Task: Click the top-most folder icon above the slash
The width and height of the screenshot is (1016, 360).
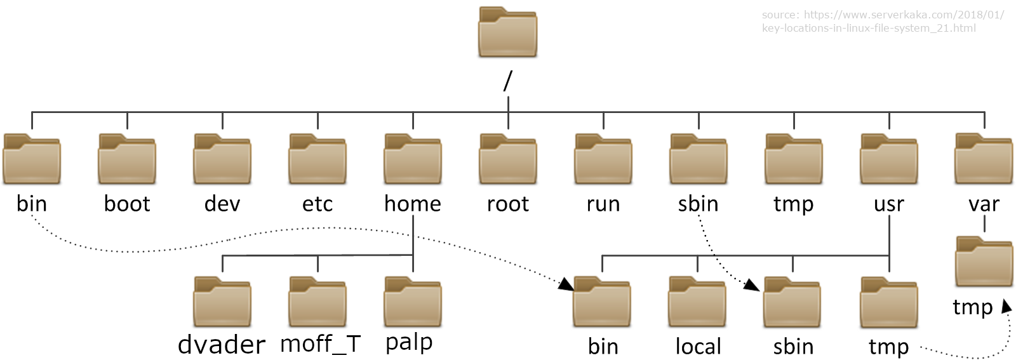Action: click(x=507, y=33)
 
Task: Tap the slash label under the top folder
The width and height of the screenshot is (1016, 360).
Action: click(x=507, y=81)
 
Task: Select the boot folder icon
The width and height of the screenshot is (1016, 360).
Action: click(x=127, y=159)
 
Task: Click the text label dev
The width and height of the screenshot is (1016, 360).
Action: click(x=222, y=204)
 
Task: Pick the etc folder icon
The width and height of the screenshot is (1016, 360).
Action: click(x=317, y=159)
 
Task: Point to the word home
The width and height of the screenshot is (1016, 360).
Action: click(x=413, y=204)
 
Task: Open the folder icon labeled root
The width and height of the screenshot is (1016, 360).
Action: click(x=508, y=159)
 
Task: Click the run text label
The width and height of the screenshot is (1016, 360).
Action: click(x=603, y=204)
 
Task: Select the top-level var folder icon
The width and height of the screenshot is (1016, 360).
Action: click(x=984, y=159)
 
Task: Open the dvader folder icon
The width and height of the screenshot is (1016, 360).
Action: click(x=222, y=302)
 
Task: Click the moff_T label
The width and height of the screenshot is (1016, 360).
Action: click(x=320, y=344)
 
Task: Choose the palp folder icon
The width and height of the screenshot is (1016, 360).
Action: click(x=413, y=302)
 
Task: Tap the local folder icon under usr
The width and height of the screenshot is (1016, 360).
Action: click(x=697, y=302)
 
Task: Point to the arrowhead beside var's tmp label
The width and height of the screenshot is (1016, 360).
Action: click(x=1006, y=307)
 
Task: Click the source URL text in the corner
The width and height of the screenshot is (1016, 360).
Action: click(x=883, y=21)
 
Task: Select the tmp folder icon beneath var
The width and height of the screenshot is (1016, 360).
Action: click(x=984, y=262)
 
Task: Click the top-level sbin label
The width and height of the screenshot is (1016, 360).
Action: click(x=698, y=204)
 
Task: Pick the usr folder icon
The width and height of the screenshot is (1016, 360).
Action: click(x=888, y=159)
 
